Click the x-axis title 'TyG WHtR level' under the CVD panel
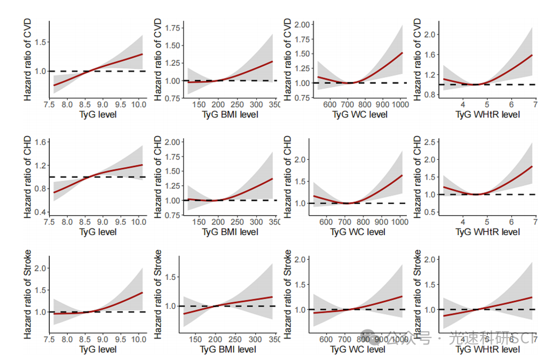[x=487, y=114]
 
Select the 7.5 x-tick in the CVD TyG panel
[x=49, y=105]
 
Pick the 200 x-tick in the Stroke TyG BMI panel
[x=215, y=339]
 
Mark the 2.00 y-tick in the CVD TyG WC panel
[x=303, y=25]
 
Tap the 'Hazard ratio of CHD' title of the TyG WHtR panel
[x=418, y=176]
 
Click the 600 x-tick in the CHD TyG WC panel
[x=329, y=222]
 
